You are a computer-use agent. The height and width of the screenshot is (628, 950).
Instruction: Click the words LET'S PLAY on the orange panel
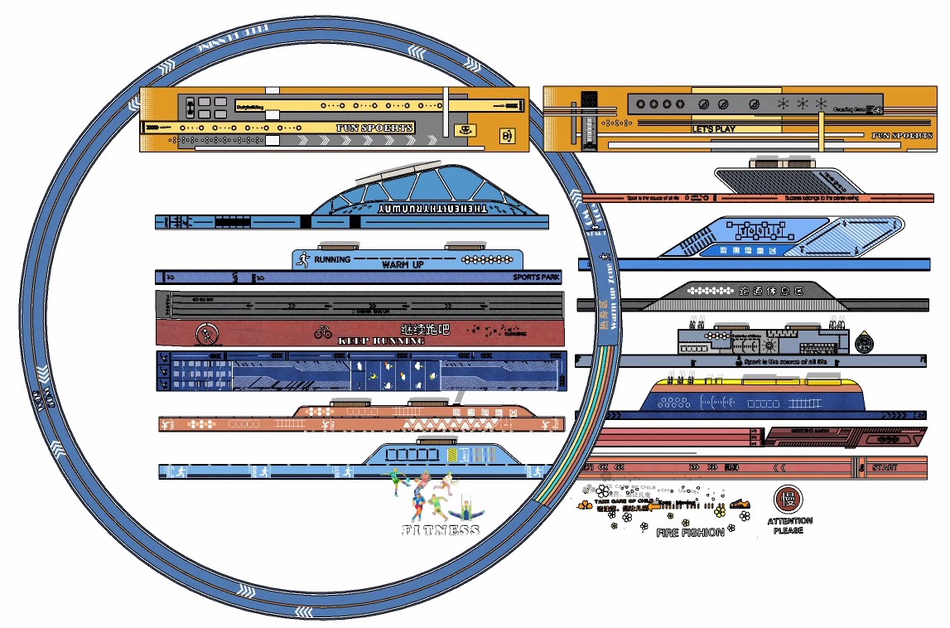(713, 129)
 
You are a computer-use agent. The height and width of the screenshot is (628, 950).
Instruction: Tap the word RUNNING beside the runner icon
(331, 259)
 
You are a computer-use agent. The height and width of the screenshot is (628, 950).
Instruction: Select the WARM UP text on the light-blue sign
(403, 264)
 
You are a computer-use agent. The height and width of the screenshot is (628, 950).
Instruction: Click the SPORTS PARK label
(536, 278)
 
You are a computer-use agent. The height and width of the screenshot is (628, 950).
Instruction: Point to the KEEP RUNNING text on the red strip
(381, 341)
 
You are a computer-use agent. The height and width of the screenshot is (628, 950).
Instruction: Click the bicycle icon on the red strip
(323, 332)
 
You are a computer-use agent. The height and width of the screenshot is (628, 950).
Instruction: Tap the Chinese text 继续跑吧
(425, 329)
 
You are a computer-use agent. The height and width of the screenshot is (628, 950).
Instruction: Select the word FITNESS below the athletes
(441, 530)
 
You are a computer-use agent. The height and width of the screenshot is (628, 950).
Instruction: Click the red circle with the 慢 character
(786, 499)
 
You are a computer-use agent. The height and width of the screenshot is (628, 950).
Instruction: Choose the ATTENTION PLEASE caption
(789, 525)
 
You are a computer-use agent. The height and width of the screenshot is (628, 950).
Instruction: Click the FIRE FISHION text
(690, 533)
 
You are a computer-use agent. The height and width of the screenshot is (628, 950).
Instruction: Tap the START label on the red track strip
(884, 468)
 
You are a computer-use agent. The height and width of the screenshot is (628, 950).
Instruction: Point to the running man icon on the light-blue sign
(303, 259)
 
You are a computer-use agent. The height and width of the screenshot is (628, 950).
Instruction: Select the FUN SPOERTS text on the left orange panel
(374, 128)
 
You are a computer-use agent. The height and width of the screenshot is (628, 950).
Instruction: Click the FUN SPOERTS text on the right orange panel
(902, 135)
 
